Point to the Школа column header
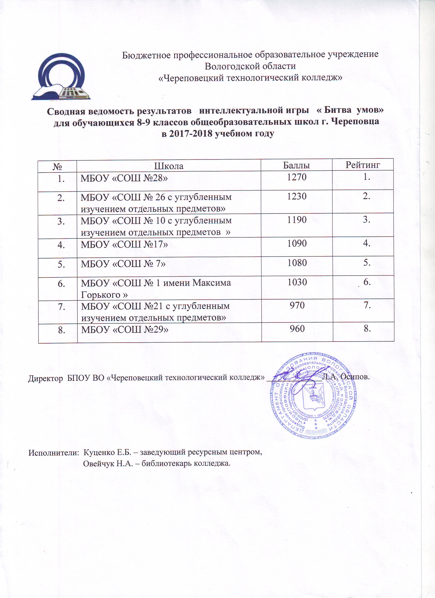[x=169, y=166]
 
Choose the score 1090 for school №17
[x=297, y=243]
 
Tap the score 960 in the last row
[x=297, y=328]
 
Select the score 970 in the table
[x=297, y=305]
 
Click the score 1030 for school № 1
[x=297, y=282]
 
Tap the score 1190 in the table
[x=297, y=220]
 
